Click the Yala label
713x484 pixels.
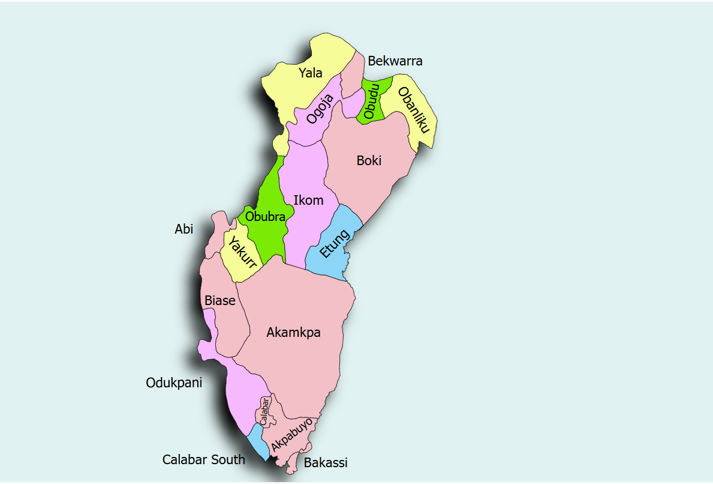311,73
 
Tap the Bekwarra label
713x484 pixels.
395,61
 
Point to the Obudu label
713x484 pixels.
372,101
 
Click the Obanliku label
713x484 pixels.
414,110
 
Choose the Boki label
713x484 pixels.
369,160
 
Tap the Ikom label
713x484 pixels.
308,200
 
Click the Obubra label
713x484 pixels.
265,217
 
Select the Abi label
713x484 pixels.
184,229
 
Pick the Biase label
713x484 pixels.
220,300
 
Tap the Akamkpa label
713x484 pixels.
293,332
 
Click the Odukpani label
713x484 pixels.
174,383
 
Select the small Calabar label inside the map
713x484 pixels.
264,411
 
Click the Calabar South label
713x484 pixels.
204,459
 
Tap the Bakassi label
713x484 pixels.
326,462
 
